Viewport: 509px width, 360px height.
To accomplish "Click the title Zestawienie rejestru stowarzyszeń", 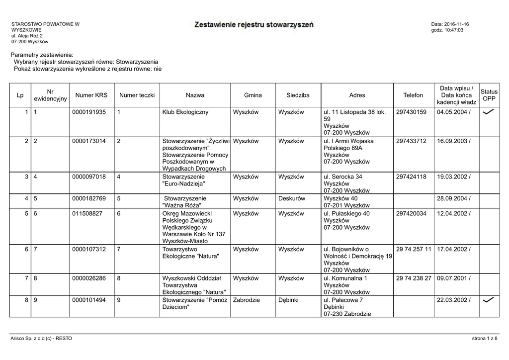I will click(x=254, y=24).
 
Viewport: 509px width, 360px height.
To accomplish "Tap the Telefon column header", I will click(x=413, y=95).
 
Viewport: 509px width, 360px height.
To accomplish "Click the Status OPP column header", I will click(x=489, y=95).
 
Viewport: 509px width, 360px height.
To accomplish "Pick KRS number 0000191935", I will click(x=89, y=112).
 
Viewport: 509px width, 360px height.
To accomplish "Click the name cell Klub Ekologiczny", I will click(x=185, y=112).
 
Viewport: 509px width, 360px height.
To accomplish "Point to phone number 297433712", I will click(x=411, y=141).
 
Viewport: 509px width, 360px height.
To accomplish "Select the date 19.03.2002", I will click(x=452, y=177).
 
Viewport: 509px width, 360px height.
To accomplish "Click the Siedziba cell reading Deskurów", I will click(x=292, y=199).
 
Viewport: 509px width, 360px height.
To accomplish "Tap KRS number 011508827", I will click(x=87, y=214).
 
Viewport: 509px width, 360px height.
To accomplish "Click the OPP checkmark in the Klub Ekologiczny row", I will click(x=488, y=112).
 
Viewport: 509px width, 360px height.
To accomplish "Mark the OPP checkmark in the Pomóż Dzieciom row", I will click(x=488, y=300).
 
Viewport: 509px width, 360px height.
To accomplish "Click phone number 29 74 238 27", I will click(x=414, y=278).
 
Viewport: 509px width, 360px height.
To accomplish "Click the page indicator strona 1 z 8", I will click(x=485, y=339).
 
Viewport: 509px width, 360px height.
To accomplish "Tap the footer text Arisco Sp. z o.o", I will click(x=41, y=339).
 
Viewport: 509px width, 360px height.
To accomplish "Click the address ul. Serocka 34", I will click(x=343, y=177).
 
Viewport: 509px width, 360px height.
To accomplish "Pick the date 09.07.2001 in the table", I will click(x=452, y=278).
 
